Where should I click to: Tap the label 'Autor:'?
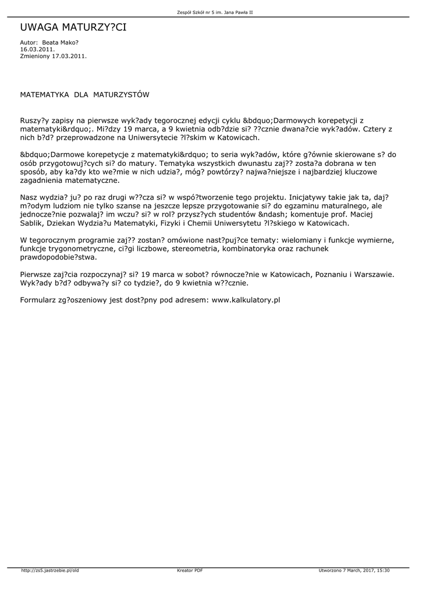click(29, 43)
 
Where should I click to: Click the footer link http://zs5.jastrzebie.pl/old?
click(49, 570)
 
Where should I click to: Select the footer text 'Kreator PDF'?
click(190, 570)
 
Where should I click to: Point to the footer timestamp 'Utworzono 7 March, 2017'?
click(347, 570)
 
